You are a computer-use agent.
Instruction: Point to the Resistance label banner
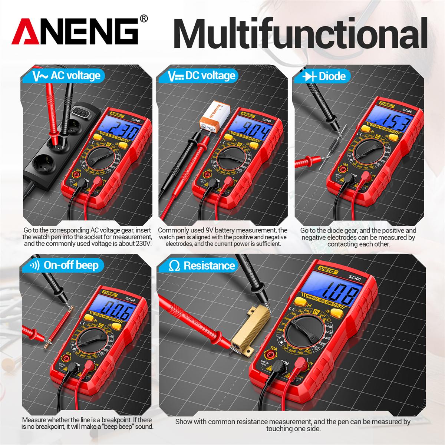click(x=202, y=266)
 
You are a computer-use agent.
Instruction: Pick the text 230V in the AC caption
click(x=143, y=244)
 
